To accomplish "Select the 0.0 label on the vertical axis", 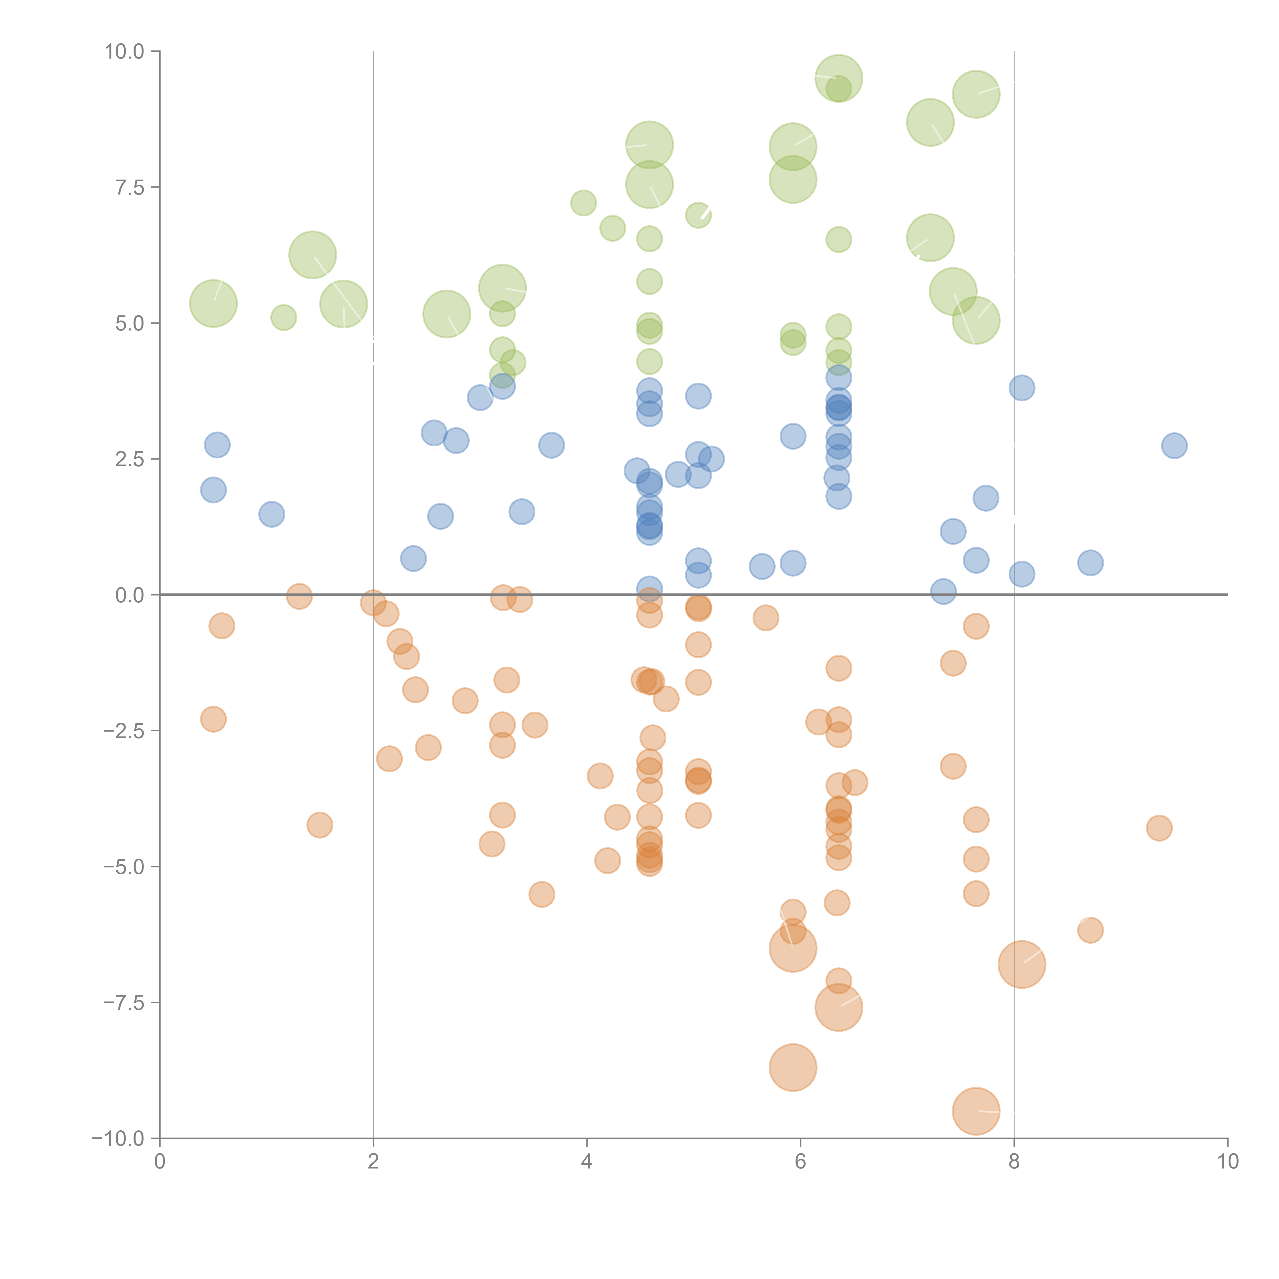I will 130,595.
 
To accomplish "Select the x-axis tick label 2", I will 373,1162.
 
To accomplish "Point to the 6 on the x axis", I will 800,1162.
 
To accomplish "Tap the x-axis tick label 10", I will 1227,1162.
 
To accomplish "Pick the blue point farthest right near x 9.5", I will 1174,446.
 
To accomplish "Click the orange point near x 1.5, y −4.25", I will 320,825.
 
